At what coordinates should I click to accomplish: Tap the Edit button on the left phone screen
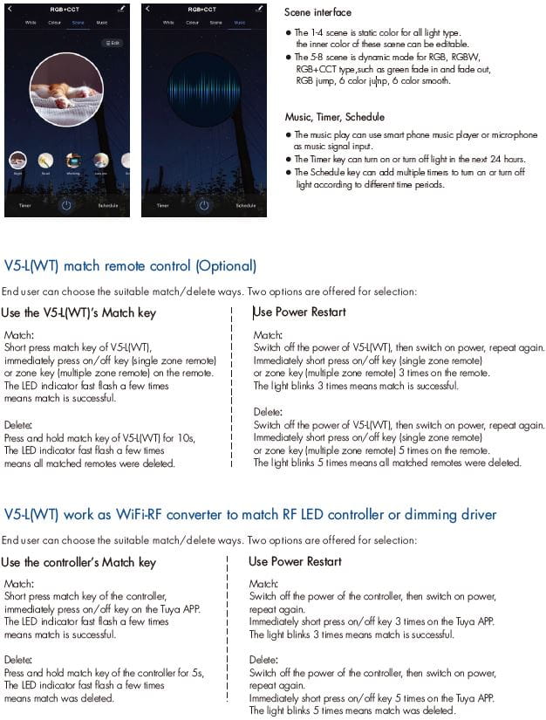pos(112,42)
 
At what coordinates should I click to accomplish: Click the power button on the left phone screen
pos(67,205)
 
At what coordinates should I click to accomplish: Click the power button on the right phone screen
pos(203,205)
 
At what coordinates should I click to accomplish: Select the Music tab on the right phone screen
pos(239,22)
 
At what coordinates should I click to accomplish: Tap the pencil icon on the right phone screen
pos(259,9)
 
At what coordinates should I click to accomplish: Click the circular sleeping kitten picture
pos(66,90)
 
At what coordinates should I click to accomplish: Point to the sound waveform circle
pos(204,90)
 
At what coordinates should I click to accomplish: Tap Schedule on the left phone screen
pos(108,206)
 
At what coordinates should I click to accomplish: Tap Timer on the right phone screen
pos(162,206)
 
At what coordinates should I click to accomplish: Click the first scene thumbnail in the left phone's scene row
pos(18,161)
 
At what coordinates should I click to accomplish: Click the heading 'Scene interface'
pos(317,13)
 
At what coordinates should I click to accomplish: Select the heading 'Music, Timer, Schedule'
pos(334,117)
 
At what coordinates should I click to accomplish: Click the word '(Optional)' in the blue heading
pos(226,266)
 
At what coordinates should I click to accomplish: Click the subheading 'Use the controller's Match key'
pos(78,562)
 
